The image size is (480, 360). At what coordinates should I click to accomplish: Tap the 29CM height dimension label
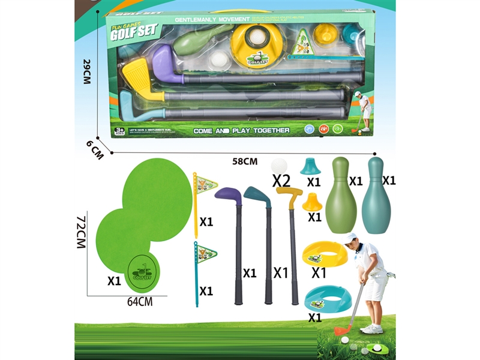coord(87,70)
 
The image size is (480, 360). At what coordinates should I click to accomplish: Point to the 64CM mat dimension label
coord(140,302)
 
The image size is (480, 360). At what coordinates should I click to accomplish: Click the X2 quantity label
coord(281,180)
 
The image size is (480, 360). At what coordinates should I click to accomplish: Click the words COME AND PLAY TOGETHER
coord(241,130)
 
